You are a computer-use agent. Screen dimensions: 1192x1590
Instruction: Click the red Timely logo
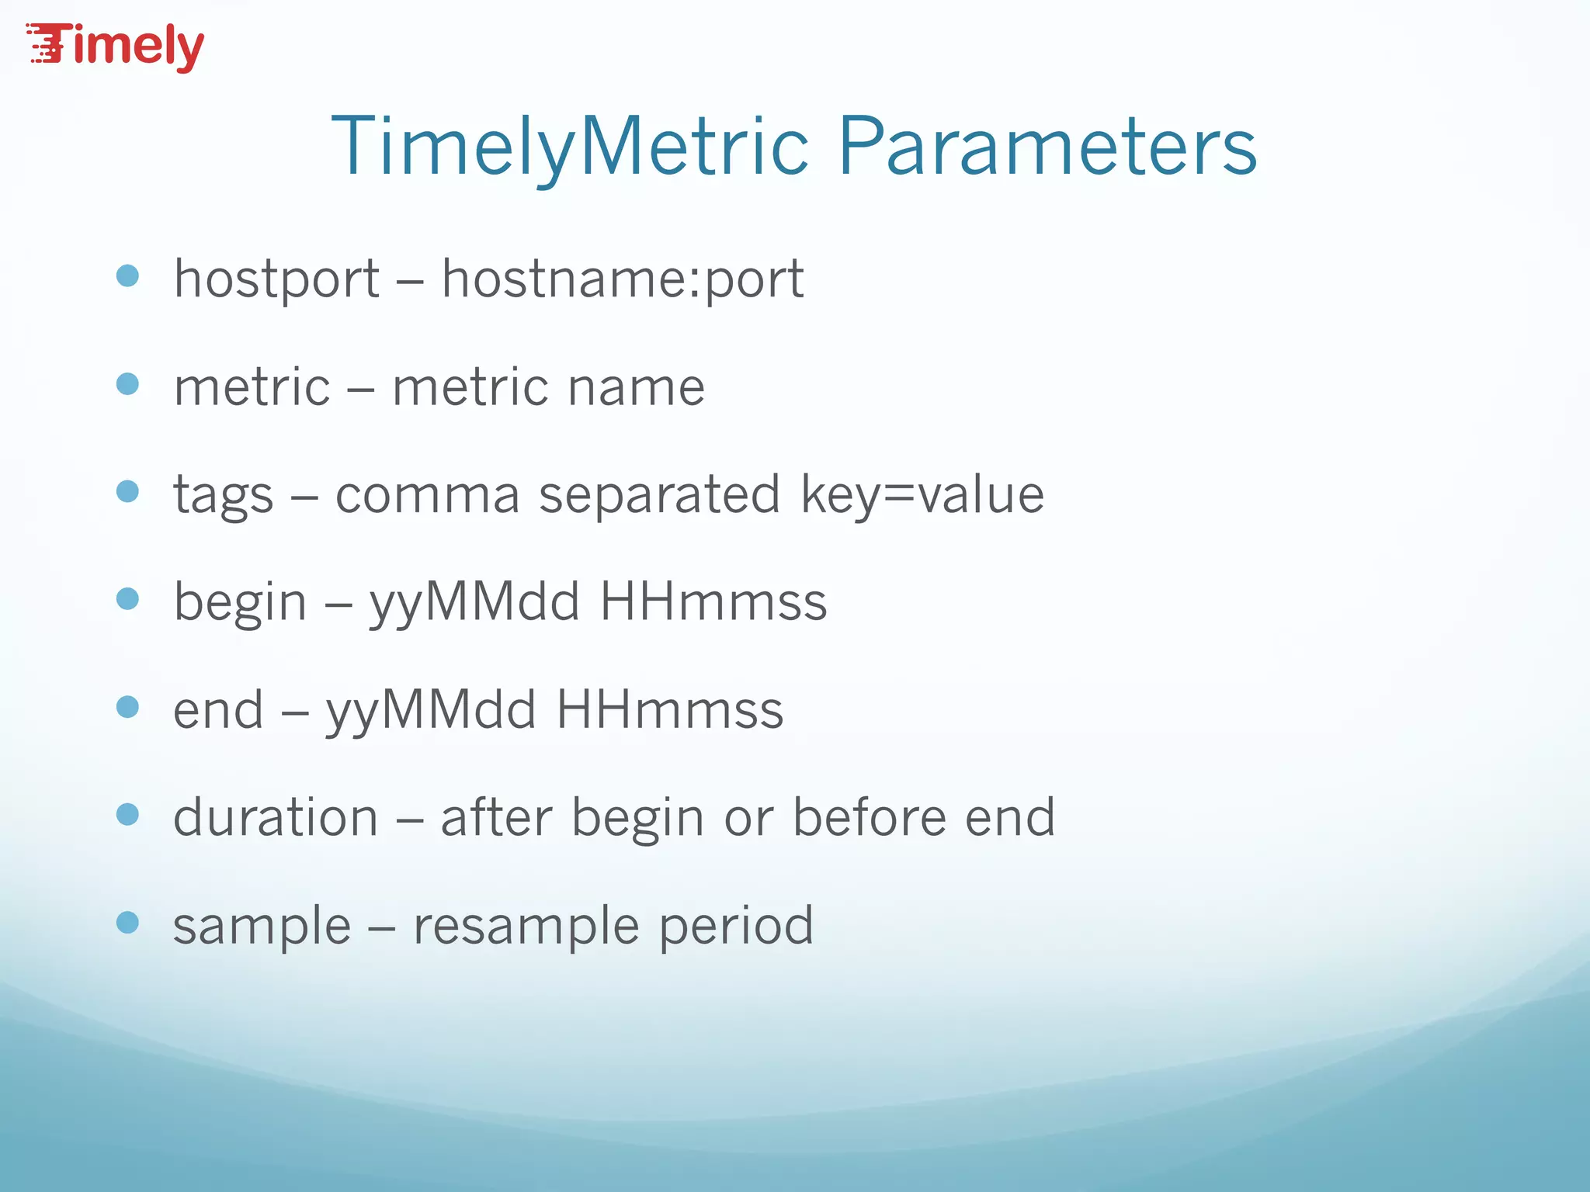pyautogui.click(x=116, y=47)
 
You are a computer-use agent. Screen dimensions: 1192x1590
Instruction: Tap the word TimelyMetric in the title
pyautogui.click(x=571, y=146)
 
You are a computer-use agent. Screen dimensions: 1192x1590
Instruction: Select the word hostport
pyautogui.click(x=276, y=279)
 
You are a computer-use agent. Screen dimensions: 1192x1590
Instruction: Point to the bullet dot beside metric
pyautogui.click(x=127, y=384)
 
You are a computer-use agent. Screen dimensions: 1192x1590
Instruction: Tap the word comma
pyautogui.click(x=427, y=495)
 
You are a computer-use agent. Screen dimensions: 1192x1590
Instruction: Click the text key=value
pyautogui.click(x=922, y=495)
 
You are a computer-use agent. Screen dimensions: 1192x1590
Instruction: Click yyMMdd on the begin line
pyautogui.click(x=474, y=602)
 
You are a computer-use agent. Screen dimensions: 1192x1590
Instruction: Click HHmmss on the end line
pyautogui.click(x=670, y=710)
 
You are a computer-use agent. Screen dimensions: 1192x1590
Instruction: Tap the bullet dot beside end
pyautogui.click(x=127, y=707)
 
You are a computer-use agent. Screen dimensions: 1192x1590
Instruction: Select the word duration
pyautogui.click(x=276, y=817)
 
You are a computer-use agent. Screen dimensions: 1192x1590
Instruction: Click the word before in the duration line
pyautogui.click(x=870, y=817)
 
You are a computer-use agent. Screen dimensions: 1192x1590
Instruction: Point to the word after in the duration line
pyautogui.click(x=496, y=817)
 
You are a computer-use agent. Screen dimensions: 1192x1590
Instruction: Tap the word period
pyautogui.click(x=736, y=926)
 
